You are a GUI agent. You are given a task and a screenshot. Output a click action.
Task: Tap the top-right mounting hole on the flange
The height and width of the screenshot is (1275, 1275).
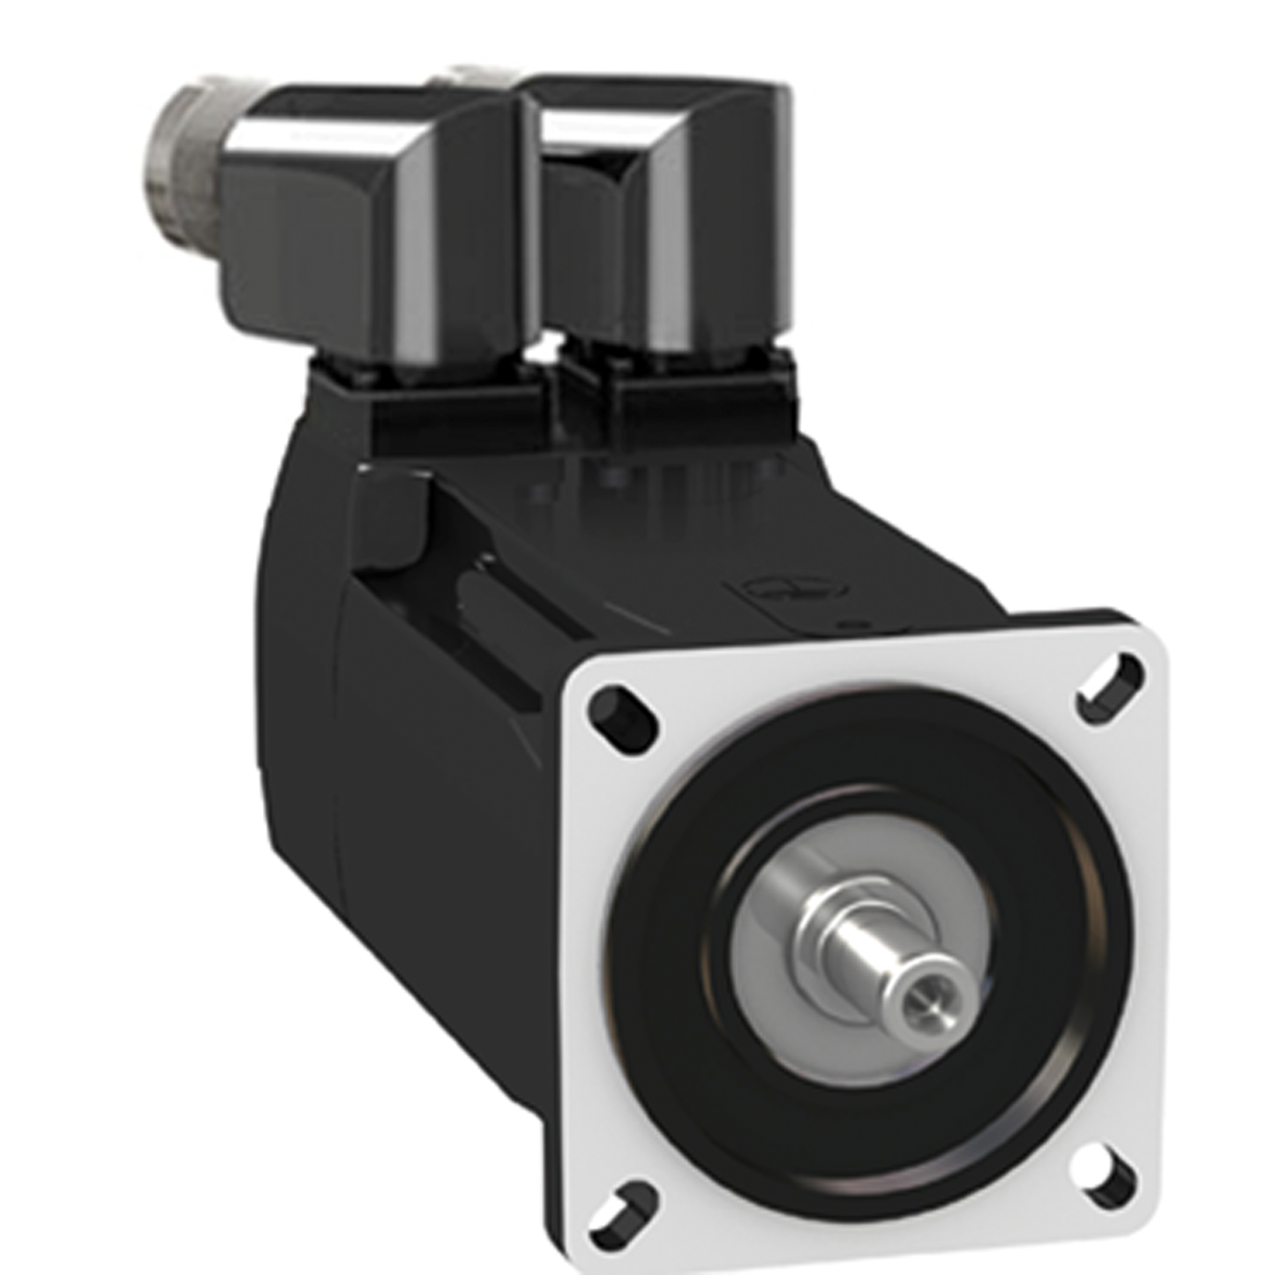1110,681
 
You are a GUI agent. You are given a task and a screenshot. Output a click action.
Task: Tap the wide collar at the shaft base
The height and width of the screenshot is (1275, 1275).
829,935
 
